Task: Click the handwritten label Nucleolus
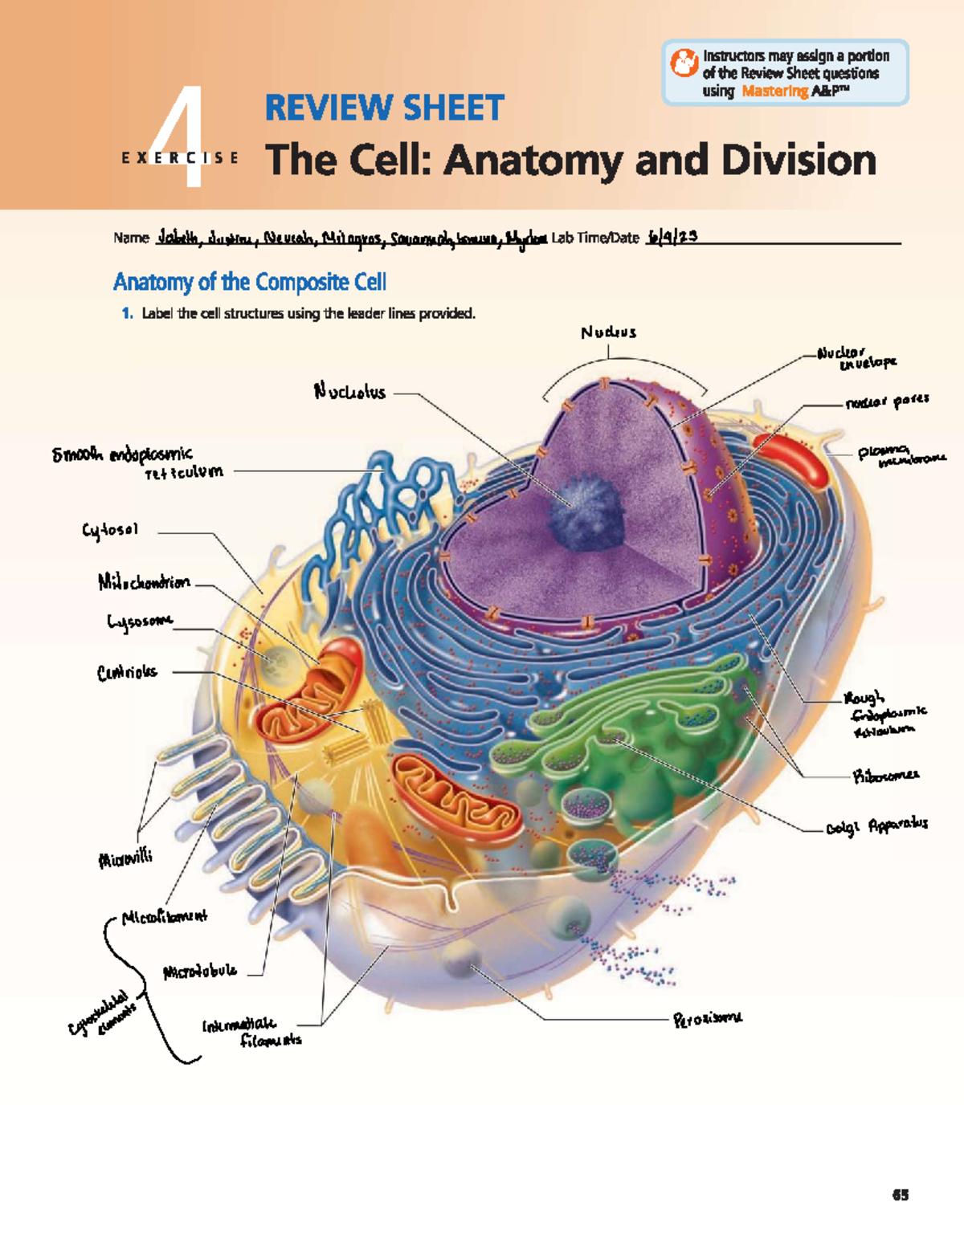click(349, 392)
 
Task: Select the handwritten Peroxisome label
click(708, 1019)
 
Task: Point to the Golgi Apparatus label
click(876, 825)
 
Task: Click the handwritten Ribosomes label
click(885, 776)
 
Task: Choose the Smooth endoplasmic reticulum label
click(137, 463)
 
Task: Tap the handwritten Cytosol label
click(110, 530)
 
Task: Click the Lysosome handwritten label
click(140, 621)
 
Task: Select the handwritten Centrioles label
click(127, 673)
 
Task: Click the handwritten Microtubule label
click(200, 971)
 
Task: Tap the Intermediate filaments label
click(251, 1032)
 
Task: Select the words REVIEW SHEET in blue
click(384, 108)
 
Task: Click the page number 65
click(900, 1195)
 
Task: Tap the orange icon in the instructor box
click(684, 63)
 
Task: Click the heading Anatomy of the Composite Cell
click(250, 282)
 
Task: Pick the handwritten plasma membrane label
click(900, 455)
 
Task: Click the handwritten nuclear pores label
click(887, 401)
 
